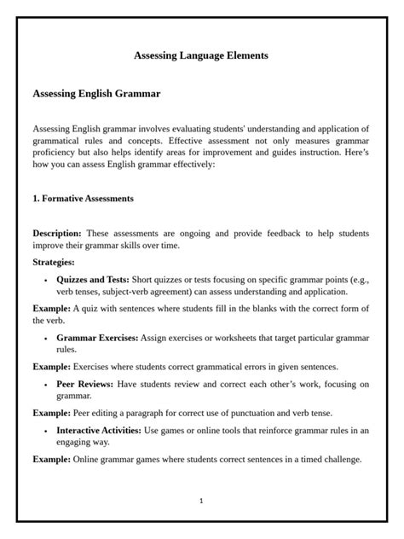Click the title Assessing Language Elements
[201, 55]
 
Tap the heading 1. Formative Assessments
[83, 199]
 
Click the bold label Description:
[57, 233]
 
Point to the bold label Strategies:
[54, 262]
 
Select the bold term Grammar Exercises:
[97, 338]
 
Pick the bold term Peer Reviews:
[87, 385]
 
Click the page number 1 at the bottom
[201, 501]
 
